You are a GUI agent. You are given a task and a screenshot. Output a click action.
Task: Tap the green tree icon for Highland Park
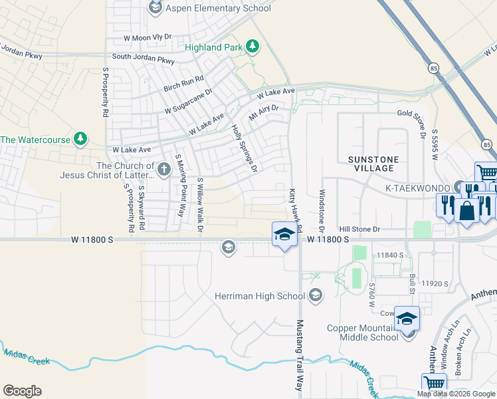pyautogui.click(x=252, y=47)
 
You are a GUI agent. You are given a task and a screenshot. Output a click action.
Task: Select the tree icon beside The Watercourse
pyautogui.click(x=80, y=138)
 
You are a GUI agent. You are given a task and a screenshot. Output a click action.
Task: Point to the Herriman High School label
pyautogui.click(x=260, y=295)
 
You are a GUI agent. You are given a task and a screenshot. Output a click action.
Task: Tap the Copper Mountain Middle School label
pyautogui.click(x=362, y=332)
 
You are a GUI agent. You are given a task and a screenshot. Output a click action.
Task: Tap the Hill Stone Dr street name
pyautogui.click(x=359, y=229)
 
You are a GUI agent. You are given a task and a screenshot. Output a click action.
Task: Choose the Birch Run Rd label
pyautogui.click(x=184, y=79)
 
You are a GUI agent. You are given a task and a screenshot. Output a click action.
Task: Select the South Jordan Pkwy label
pyautogui.click(x=143, y=59)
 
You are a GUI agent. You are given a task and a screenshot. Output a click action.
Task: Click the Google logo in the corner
pyautogui.click(x=22, y=391)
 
